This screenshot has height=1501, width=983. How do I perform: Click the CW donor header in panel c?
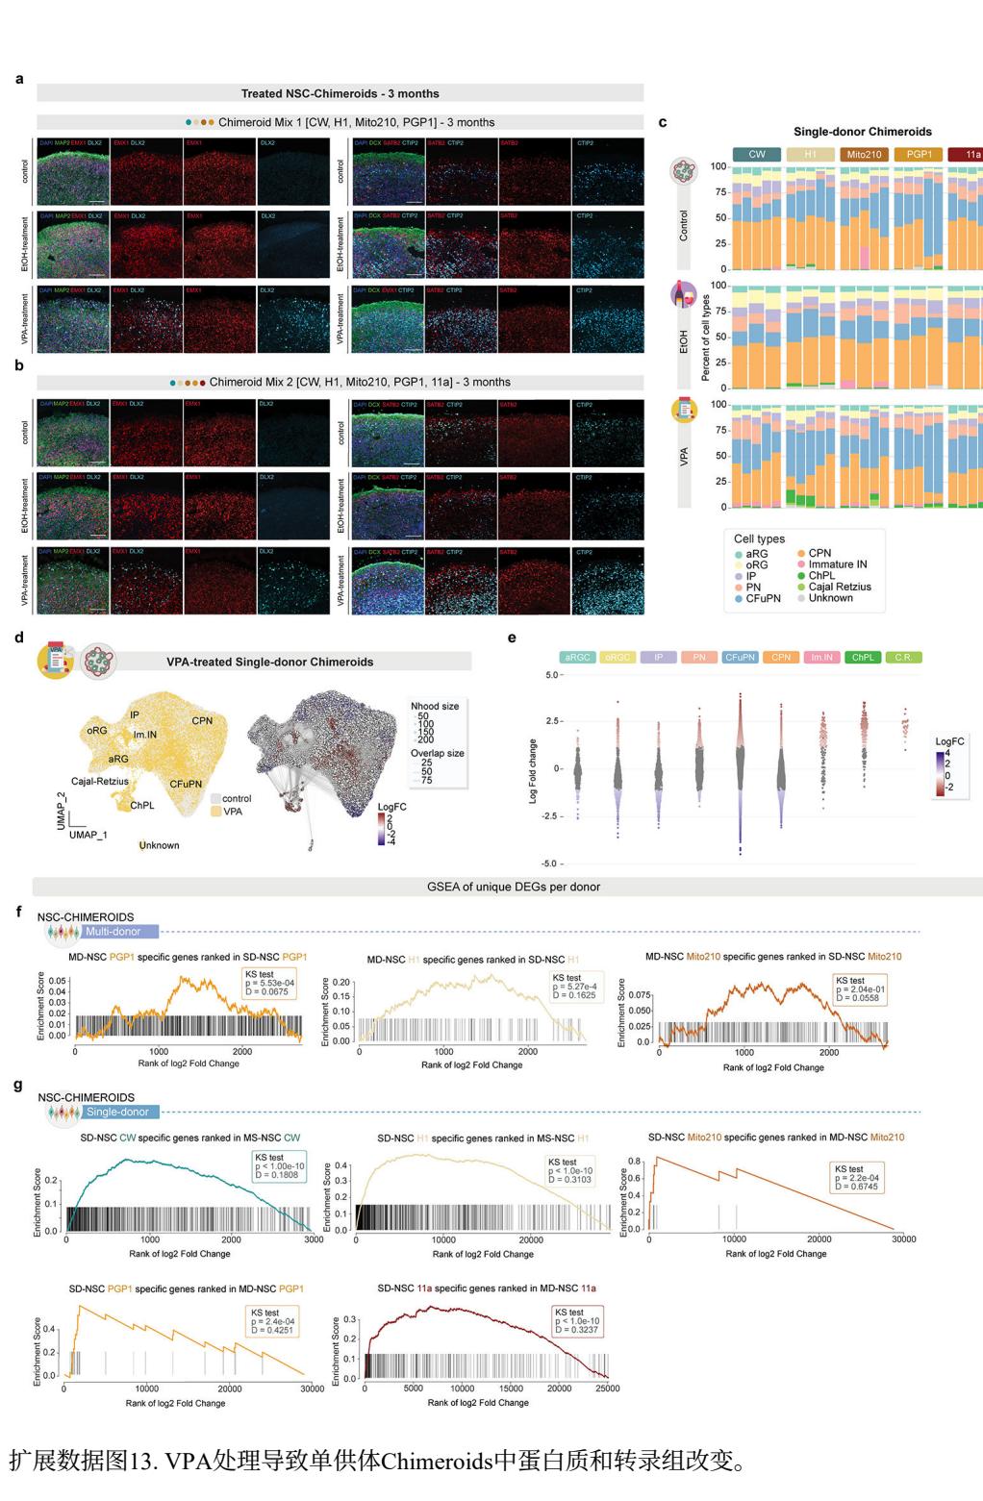(x=757, y=154)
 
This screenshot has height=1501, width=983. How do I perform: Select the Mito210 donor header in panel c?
(x=865, y=154)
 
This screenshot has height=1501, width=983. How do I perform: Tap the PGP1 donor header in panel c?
(x=919, y=154)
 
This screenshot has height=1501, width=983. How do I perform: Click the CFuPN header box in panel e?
(x=740, y=658)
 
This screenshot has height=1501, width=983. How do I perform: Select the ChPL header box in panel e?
(x=863, y=658)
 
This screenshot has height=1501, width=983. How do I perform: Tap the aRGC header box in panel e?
(x=577, y=658)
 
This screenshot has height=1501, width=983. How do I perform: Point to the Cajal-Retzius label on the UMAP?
(x=99, y=782)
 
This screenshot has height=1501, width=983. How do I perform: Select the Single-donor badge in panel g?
(x=116, y=1112)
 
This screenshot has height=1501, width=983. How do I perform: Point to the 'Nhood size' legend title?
(x=435, y=706)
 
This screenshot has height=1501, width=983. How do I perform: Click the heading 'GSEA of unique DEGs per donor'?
(x=514, y=887)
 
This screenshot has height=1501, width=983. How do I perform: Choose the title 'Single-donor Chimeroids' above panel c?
(x=862, y=132)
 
